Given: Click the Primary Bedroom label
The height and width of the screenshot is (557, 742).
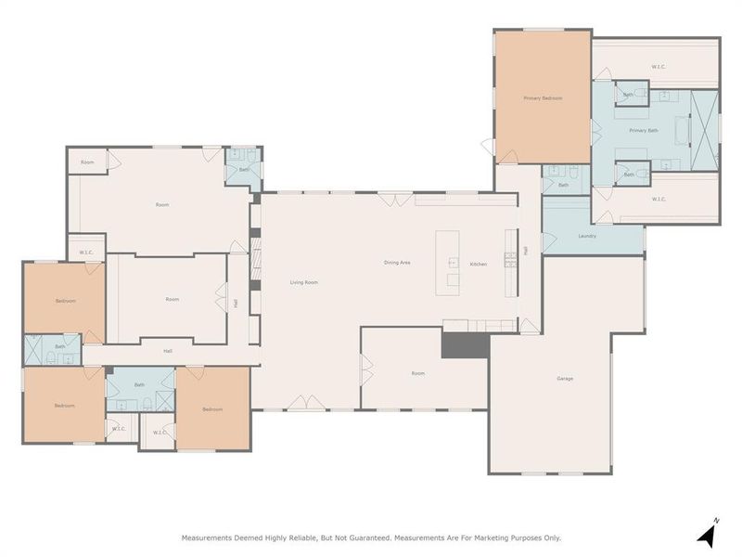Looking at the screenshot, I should click(x=543, y=97).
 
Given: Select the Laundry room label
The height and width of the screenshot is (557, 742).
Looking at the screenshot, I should click(x=586, y=236).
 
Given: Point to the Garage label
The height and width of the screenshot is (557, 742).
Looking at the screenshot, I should click(x=565, y=379).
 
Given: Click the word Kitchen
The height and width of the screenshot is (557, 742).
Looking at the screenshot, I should click(x=478, y=265).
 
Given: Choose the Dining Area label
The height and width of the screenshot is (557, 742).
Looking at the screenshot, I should click(x=398, y=263).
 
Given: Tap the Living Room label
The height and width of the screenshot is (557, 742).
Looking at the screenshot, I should click(x=304, y=282).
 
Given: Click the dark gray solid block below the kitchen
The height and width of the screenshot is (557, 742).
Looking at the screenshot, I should click(x=464, y=344).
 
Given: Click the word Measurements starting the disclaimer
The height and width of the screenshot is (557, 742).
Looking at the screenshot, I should click(x=206, y=538).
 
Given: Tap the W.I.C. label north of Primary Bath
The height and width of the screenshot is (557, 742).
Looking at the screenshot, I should click(x=658, y=66).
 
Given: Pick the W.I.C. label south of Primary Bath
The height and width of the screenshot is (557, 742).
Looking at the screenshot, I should click(x=659, y=199).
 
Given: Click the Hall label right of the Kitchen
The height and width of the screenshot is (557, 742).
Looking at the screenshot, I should click(x=525, y=251).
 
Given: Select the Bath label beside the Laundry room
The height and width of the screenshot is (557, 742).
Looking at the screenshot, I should click(x=563, y=185).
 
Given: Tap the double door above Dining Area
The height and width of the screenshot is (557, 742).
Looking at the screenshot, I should click(x=390, y=198).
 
